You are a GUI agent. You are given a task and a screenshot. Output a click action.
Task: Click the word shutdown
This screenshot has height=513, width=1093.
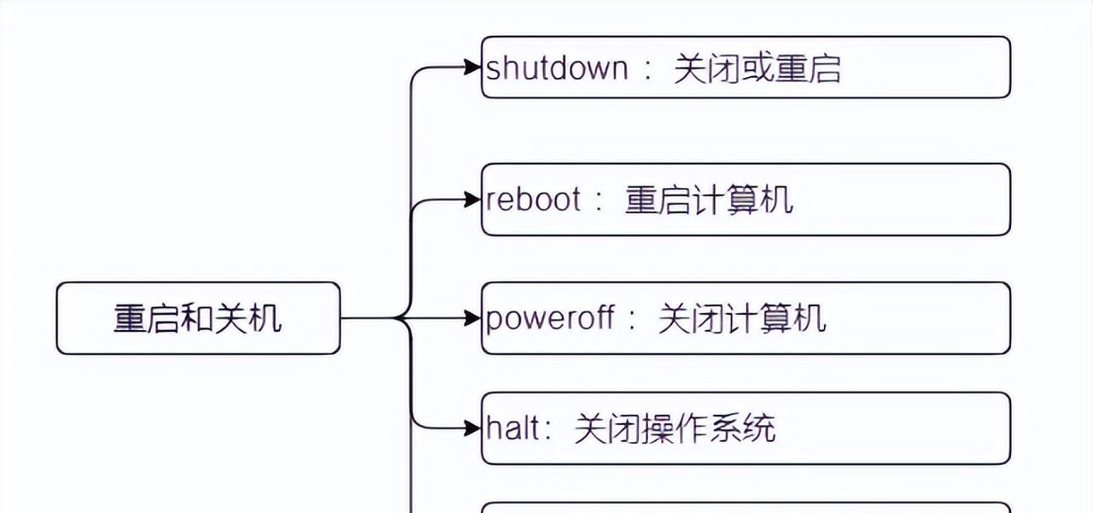(557, 68)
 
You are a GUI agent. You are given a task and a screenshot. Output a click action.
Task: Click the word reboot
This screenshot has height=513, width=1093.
(534, 199)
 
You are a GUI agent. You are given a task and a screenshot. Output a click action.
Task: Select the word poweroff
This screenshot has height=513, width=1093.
(550, 318)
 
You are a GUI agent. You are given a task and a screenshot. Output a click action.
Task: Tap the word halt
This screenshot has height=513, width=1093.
(513, 428)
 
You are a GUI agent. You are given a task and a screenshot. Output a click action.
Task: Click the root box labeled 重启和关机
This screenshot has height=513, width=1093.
(198, 318)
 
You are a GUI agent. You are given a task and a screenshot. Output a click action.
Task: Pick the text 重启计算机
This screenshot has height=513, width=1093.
(709, 199)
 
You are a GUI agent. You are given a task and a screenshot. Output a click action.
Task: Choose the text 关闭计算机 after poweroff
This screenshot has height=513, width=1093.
(741, 318)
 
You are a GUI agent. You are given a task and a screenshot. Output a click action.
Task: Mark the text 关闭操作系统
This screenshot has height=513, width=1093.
(675, 428)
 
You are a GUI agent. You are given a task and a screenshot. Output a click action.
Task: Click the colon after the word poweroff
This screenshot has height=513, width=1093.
(632, 320)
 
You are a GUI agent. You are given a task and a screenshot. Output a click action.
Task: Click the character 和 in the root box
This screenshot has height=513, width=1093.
(197, 318)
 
